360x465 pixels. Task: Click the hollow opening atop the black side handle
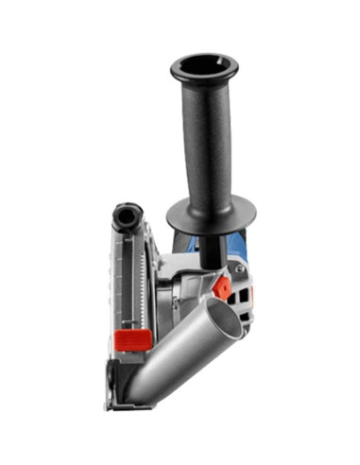point(203,68)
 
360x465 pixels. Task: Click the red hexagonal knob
point(222,286)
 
